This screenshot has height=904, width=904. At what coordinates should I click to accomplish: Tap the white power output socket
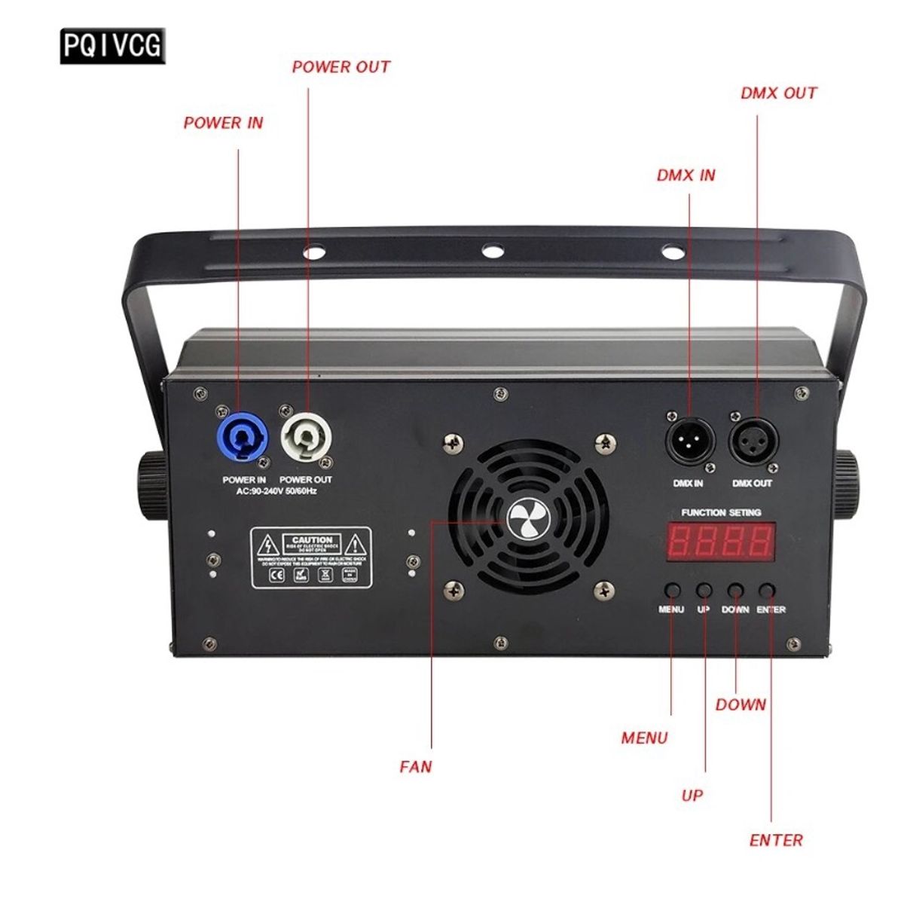coord(307,438)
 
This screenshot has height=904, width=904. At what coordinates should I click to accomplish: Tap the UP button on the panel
coord(704,590)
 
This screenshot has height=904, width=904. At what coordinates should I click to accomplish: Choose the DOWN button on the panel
coord(736,590)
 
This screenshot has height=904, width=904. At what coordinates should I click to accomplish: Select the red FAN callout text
coord(416,768)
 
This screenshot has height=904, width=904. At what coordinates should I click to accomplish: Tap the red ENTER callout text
coord(776,840)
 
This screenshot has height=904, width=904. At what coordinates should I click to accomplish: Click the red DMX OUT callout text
coord(778,93)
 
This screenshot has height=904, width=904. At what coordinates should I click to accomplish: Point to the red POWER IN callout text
coord(223,123)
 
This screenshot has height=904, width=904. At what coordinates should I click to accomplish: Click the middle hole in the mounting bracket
coord(492,250)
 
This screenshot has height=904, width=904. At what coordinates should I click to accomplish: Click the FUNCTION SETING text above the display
coord(721,512)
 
